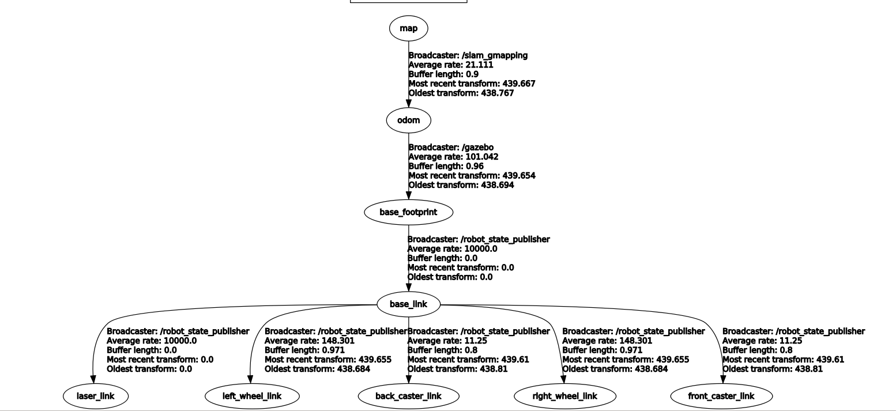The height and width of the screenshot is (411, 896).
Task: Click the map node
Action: point(409,28)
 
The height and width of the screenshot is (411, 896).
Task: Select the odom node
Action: point(409,120)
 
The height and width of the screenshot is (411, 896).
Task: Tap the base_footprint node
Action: point(409,212)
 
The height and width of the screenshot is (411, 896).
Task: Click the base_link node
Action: point(409,304)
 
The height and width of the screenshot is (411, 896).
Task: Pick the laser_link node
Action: point(95,396)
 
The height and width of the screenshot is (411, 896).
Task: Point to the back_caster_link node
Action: point(408,396)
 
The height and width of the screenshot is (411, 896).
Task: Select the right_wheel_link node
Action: point(565,396)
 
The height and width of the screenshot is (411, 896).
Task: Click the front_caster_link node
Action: point(721,396)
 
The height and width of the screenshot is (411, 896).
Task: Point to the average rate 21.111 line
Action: point(451,65)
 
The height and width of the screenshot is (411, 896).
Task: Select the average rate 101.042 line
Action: point(453,157)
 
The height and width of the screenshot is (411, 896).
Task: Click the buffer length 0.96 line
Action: point(446,166)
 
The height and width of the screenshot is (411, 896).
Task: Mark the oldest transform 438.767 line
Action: point(461,93)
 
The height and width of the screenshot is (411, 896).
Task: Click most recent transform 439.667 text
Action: point(472,84)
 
